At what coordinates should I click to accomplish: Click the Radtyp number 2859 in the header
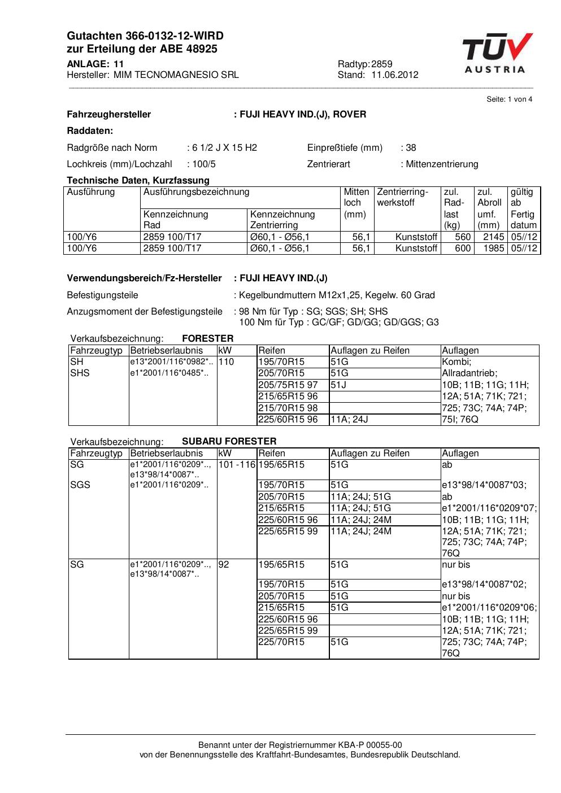click(x=382, y=64)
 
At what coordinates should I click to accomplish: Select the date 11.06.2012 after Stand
click(x=395, y=75)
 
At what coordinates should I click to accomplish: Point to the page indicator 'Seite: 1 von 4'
click(x=509, y=99)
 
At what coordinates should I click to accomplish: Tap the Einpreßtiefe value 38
click(x=411, y=148)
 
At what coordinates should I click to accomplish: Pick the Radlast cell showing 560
click(x=463, y=237)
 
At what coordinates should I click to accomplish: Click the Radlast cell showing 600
click(x=463, y=249)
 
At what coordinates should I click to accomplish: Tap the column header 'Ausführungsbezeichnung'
click(x=196, y=192)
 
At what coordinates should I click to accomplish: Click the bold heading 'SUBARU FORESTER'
click(x=229, y=441)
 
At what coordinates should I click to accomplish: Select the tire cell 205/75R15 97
click(x=288, y=385)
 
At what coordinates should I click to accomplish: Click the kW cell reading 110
click(x=226, y=362)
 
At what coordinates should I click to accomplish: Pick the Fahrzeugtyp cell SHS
click(x=80, y=373)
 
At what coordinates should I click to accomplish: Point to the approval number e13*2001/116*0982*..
click(x=171, y=362)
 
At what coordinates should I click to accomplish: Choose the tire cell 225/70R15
click(x=281, y=642)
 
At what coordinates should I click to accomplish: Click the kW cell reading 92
click(x=224, y=565)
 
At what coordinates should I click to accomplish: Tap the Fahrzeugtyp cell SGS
click(x=80, y=485)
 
